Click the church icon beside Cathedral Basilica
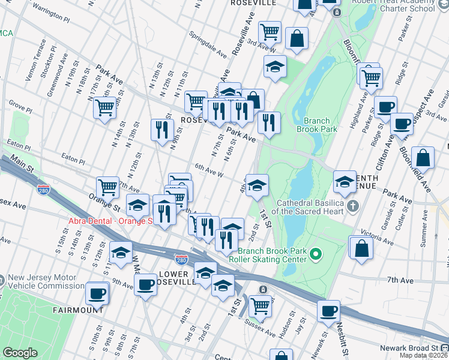click(354, 206)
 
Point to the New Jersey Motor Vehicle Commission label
click(42, 282)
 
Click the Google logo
click(20, 353)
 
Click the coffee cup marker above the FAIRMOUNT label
click(97, 294)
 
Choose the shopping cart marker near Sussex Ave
click(259, 305)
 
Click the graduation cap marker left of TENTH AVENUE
click(345, 182)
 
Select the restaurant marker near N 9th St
click(161, 130)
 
